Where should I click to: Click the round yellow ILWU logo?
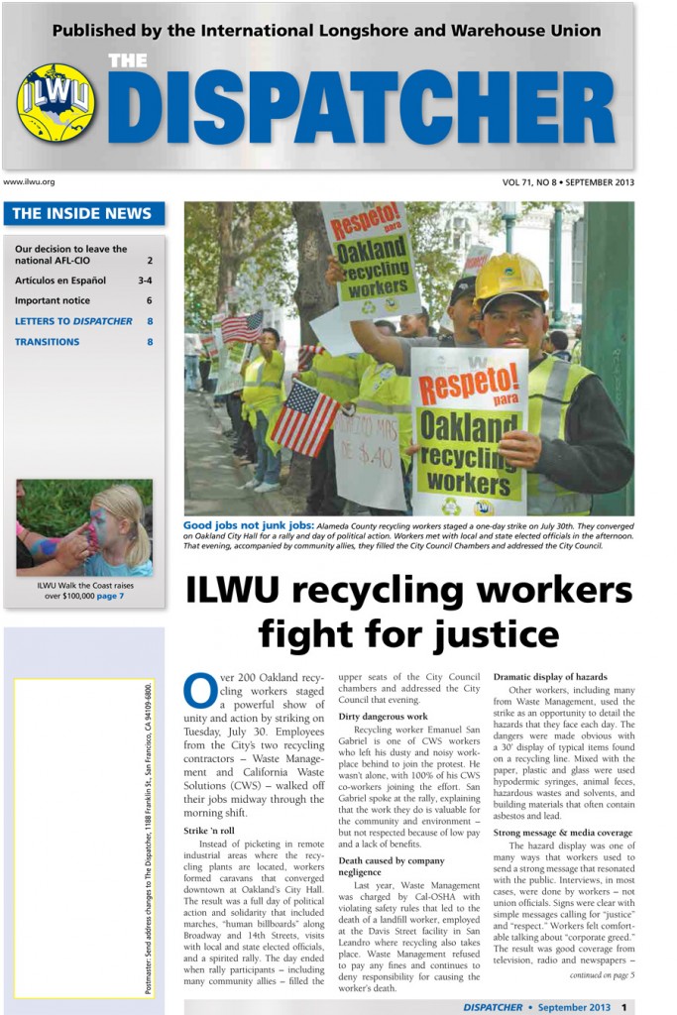56,102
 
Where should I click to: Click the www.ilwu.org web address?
30,181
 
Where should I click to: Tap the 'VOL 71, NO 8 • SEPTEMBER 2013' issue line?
568,182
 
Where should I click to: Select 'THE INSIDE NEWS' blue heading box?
83,213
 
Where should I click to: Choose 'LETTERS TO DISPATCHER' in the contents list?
73,321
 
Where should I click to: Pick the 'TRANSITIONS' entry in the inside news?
48,342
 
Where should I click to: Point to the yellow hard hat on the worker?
509,281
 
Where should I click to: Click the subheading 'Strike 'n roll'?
209,830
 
